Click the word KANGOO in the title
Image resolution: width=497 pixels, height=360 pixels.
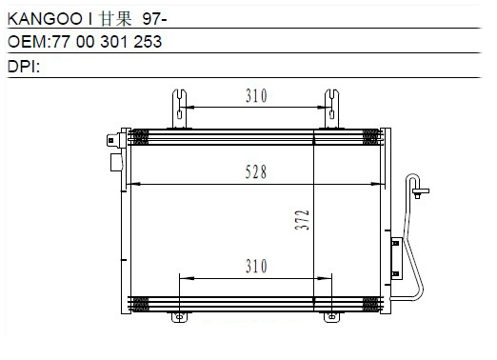pyautogui.click(x=45, y=19)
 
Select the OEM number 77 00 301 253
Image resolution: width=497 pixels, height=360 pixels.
pyautogui.click(x=107, y=42)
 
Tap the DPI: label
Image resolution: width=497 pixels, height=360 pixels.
pyautogui.click(x=24, y=67)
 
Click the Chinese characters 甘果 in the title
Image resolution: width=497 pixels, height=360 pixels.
pyautogui.click(x=115, y=19)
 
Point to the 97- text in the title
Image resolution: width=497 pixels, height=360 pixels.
pyautogui.click(x=154, y=19)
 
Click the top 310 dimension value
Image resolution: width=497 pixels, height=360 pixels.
pyautogui.click(x=256, y=95)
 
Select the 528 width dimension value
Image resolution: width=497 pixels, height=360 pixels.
pyautogui.click(x=256, y=172)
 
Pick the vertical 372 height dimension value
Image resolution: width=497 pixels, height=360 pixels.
pyautogui.click(x=302, y=219)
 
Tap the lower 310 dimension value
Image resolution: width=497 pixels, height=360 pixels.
pyautogui.click(x=256, y=266)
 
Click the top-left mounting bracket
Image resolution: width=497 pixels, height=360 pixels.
pyautogui.click(x=179, y=109)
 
